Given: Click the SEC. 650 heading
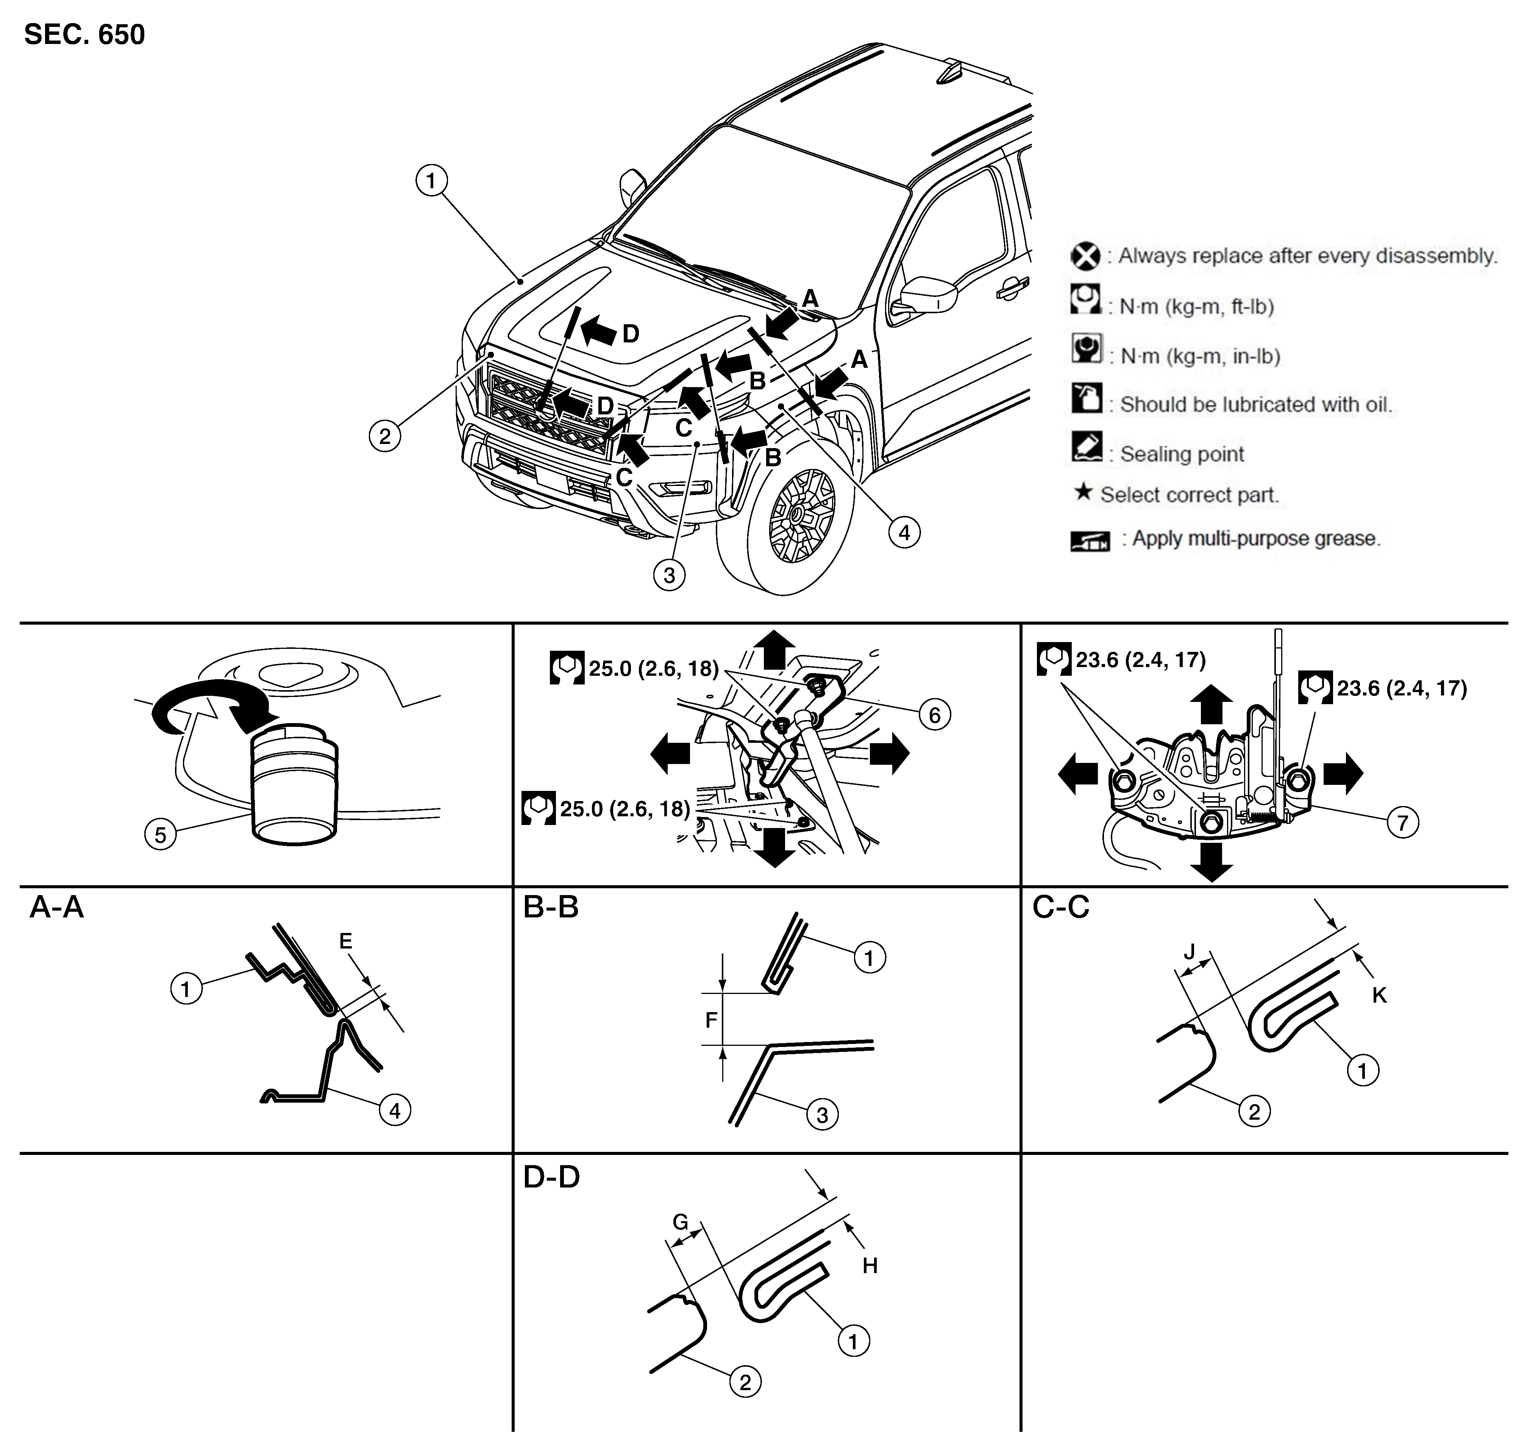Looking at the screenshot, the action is click(x=84, y=35).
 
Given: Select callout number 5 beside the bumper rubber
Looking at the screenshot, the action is click(x=160, y=835).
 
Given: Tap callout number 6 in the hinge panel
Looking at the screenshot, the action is click(x=934, y=715).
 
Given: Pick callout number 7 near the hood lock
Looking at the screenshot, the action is click(x=1402, y=822).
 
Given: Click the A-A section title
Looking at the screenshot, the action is click(x=56, y=907).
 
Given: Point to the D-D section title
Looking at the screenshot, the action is click(x=552, y=1177).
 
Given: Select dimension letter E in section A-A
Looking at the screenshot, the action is click(x=345, y=941).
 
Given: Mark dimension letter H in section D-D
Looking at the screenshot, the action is click(x=870, y=1265).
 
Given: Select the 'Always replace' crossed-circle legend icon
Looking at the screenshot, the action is click(x=1086, y=256).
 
